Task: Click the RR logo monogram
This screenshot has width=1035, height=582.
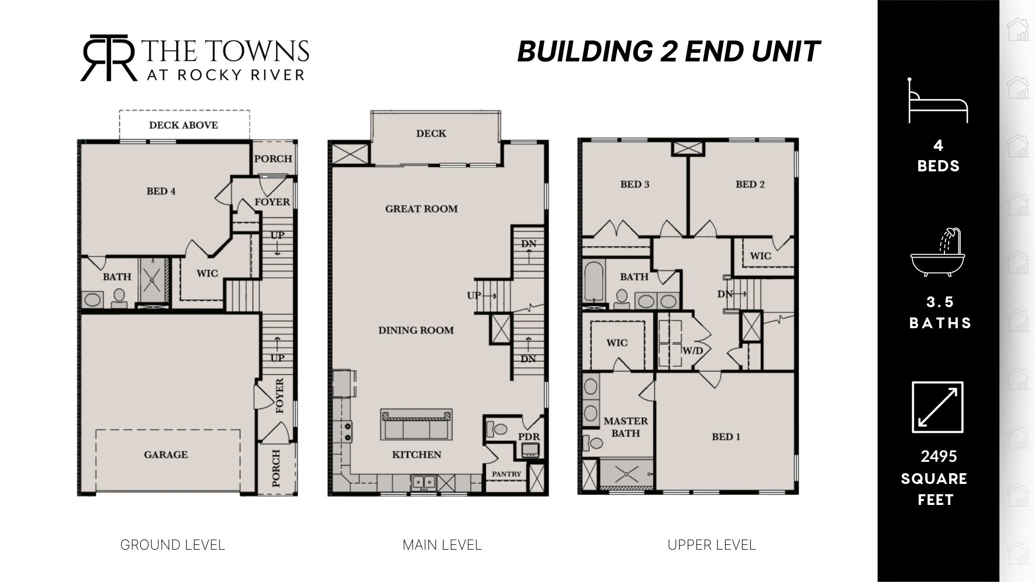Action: tap(109, 58)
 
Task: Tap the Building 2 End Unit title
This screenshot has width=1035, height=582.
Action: tap(668, 52)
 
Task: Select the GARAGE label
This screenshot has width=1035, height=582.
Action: tap(166, 455)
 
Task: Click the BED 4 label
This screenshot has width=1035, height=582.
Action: tap(161, 191)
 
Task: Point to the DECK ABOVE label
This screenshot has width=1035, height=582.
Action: tap(184, 125)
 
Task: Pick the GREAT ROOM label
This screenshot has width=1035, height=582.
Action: tap(422, 209)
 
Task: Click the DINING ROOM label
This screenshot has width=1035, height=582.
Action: tap(416, 330)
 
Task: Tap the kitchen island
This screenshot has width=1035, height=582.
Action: tap(416, 424)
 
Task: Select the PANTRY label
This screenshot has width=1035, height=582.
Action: tap(507, 474)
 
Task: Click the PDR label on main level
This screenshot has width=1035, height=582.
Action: tap(529, 437)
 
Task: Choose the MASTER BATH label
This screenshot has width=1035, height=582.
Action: tap(626, 427)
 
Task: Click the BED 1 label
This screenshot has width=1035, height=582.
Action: tap(726, 436)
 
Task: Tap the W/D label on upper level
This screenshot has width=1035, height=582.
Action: tap(693, 351)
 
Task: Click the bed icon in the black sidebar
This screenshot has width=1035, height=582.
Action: tap(939, 101)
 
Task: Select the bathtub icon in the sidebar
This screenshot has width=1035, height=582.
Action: tap(939, 252)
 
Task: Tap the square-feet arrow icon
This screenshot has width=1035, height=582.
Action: tap(937, 407)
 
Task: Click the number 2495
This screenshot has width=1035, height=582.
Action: tap(939, 456)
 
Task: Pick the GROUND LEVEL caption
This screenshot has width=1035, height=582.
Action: tap(172, 545)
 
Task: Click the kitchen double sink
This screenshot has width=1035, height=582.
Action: tap(424, 482)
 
